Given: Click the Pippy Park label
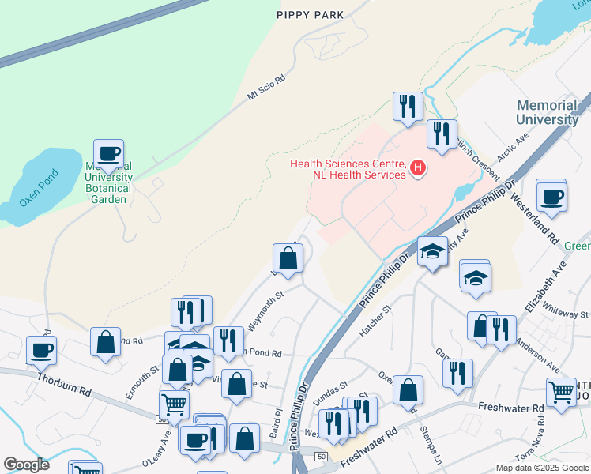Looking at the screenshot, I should coord(311,14).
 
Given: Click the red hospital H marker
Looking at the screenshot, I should coord(418,168).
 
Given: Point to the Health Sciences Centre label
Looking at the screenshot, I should coord(348,169).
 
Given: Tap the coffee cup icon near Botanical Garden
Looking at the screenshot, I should coord(108,153).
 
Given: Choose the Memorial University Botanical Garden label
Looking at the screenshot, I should coord(108,183).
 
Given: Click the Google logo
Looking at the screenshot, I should coord(26,465).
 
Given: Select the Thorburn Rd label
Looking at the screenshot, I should coord(64,385).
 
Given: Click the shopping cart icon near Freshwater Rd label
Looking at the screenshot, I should coord(561,392).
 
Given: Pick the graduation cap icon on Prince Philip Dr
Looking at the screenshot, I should coord(432,251).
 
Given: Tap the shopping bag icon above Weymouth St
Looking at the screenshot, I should coord(288,258).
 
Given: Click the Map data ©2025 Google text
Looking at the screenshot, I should coord(541,467).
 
